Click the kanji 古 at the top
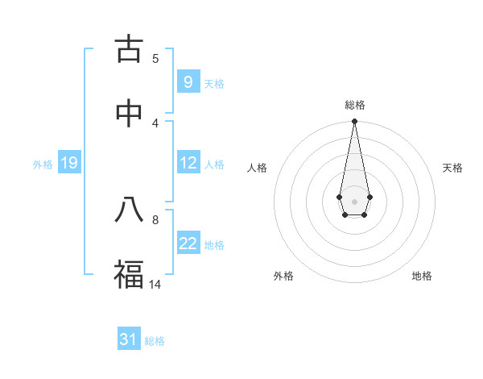(129, 49)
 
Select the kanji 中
(129, 114)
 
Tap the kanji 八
(129, 210)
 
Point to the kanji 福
(129, 274)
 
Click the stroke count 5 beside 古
(155, 58)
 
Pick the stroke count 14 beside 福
(155, 284)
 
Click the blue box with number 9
(188, 81)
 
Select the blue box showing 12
(188, 162)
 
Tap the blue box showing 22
(188, 243)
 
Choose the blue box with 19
(69, 163)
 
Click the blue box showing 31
(129, 339)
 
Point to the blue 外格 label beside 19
(43, 164)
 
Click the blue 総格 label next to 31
(155, 341)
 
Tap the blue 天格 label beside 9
(214, 83)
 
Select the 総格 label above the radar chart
(354, 105)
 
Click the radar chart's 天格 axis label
(453, 168)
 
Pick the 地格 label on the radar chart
(422, 276)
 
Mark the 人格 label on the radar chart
(258, 168)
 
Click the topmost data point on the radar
(354, 121)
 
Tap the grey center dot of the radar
(354, 201)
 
